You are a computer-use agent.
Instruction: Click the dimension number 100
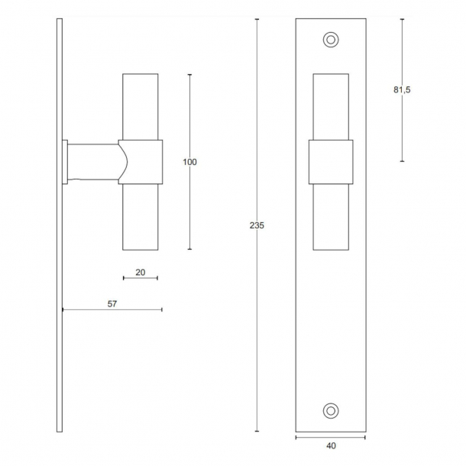(189, 162)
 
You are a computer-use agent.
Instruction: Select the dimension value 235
(257, 226)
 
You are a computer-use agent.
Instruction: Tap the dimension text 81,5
(402, 90)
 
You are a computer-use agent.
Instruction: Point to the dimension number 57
(112, 303)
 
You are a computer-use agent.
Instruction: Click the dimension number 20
(140, 272)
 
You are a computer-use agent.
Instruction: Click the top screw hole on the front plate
(331, 38)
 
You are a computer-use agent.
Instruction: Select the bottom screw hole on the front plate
(331, 410)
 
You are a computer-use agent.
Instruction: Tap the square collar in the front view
(331, 162)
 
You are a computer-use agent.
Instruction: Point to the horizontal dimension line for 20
(141, 279)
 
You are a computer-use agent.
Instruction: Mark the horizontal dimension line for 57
(112, 309)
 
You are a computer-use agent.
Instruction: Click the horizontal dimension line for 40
(331, 437)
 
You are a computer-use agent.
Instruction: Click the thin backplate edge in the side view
(59, 306)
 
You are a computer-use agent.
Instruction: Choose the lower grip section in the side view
(141, 218)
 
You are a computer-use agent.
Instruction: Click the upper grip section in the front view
(331, 107)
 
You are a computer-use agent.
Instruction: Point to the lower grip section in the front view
(331, 217)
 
